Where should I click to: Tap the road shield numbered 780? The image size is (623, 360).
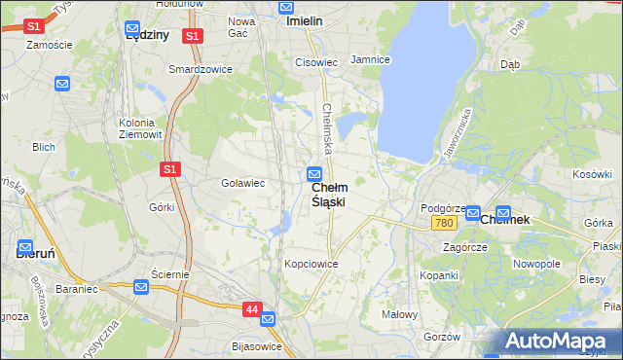click(445, 223)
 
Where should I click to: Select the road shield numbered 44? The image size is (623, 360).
click(252, 309)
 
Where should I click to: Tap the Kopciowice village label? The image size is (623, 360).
click(311, 264)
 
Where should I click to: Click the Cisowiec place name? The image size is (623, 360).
click(315, 62)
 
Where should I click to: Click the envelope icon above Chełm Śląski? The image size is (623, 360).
click(314, 174)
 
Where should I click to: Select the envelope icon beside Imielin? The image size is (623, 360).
click(286, 7)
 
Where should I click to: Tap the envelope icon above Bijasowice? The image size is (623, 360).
click(268, 318)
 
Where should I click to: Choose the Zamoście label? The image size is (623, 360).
click(51, 45)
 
